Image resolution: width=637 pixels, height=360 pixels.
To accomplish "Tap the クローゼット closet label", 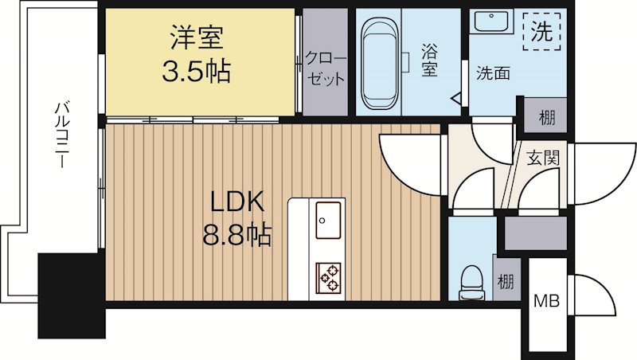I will click(x=326, y=68).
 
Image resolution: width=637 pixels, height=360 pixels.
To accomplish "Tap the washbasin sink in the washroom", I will click(x=489, y=23).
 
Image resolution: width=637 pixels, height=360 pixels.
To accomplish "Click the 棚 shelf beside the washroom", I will click(x=546, y=118).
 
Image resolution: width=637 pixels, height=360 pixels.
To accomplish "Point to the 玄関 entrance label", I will click(x=541, y=157).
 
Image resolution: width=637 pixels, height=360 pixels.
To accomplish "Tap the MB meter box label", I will click(x=545, y=302).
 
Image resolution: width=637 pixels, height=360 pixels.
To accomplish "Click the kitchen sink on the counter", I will click(x=327, y=217).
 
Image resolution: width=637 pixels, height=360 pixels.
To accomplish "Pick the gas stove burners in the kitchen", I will click(x=327, y=276).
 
